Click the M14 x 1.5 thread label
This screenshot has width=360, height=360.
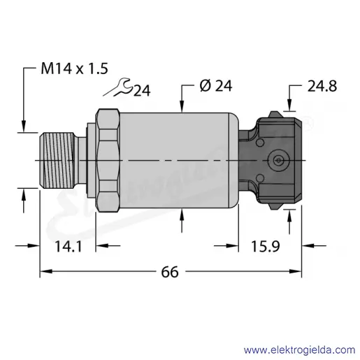74,69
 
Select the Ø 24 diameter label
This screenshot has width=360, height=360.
216,86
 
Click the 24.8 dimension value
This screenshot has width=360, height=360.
322,86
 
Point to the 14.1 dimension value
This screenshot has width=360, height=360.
69,247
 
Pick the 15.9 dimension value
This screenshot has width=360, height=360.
265,246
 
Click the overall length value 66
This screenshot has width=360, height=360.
170,272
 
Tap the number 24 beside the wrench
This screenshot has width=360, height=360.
142,90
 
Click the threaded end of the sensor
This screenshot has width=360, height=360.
57,160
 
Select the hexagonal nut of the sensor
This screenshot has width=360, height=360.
108,160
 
